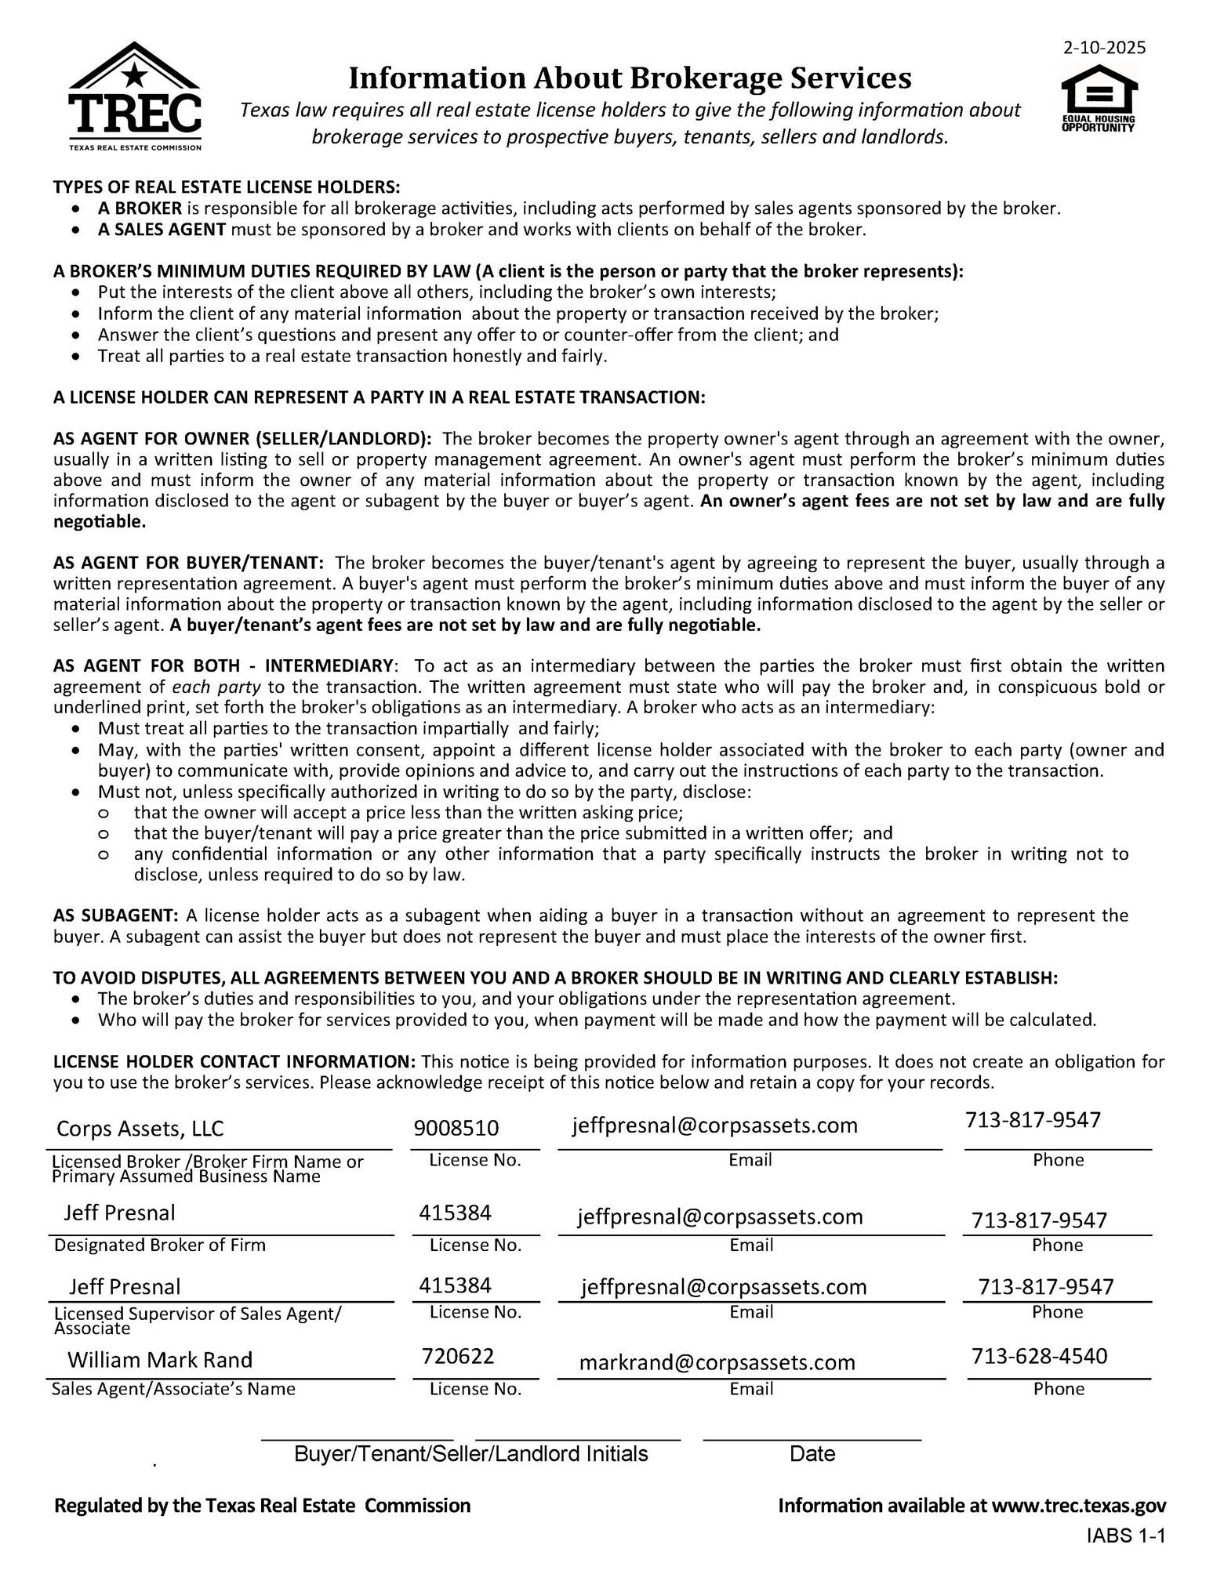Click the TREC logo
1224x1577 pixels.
(x=134, y=96)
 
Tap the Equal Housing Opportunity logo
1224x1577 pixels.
(x=1098, y=100)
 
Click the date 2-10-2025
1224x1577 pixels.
(x=1104, y=48)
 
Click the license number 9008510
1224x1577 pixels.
(x=456, y=1128)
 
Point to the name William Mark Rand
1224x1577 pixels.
(x=160, y=1359)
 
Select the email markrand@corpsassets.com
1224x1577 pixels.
(x=717, y=1362)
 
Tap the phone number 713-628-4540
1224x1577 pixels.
(x=1039, y=1356)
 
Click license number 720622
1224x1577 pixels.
(x=458, y=1356)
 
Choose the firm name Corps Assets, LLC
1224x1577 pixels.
(x=140, y=1129)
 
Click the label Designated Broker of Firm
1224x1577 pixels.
(x=160, y=1245)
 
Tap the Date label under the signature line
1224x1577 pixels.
(x=812, y=1454)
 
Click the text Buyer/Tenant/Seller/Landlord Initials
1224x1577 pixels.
(x=471, y=1454)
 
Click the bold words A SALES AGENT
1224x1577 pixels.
(x=162, y=230)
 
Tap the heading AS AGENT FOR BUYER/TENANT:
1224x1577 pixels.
(x=188, y=563)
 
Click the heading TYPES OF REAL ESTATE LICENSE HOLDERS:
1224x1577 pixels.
(x=227, y=187)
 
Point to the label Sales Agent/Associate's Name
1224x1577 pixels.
(x=173, y=1389)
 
